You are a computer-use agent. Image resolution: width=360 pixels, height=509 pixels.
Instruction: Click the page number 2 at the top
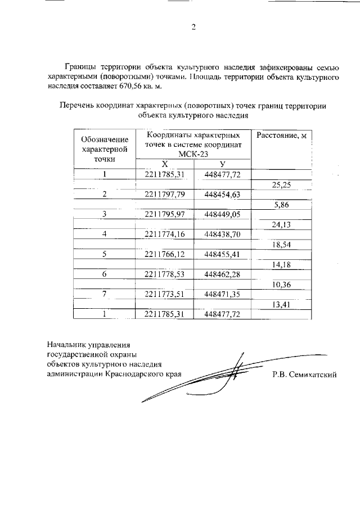tap(193, 29)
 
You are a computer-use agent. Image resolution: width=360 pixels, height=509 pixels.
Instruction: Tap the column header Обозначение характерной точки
tap(105, 149)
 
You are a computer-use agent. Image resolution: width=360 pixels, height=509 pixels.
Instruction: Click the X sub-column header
tap(165, 164)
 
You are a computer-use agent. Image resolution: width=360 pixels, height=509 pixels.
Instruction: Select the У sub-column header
tap(223, 164)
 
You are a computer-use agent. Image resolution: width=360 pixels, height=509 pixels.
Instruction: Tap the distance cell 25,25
tap(281, 184)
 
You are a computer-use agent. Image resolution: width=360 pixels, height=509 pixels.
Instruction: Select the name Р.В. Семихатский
tap(303, 375)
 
